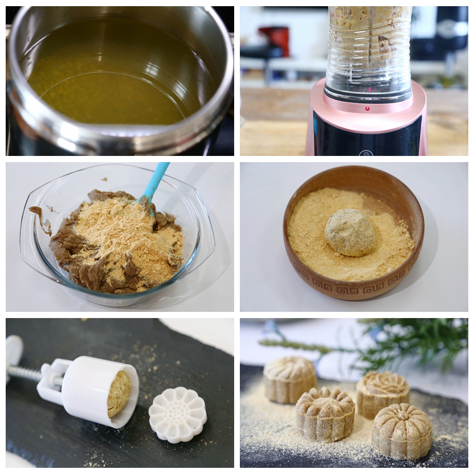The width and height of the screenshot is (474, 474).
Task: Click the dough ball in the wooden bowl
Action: point(350,232)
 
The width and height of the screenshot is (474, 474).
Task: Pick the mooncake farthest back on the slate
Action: point(290,379)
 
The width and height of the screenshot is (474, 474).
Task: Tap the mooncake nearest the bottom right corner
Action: point(401,431)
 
